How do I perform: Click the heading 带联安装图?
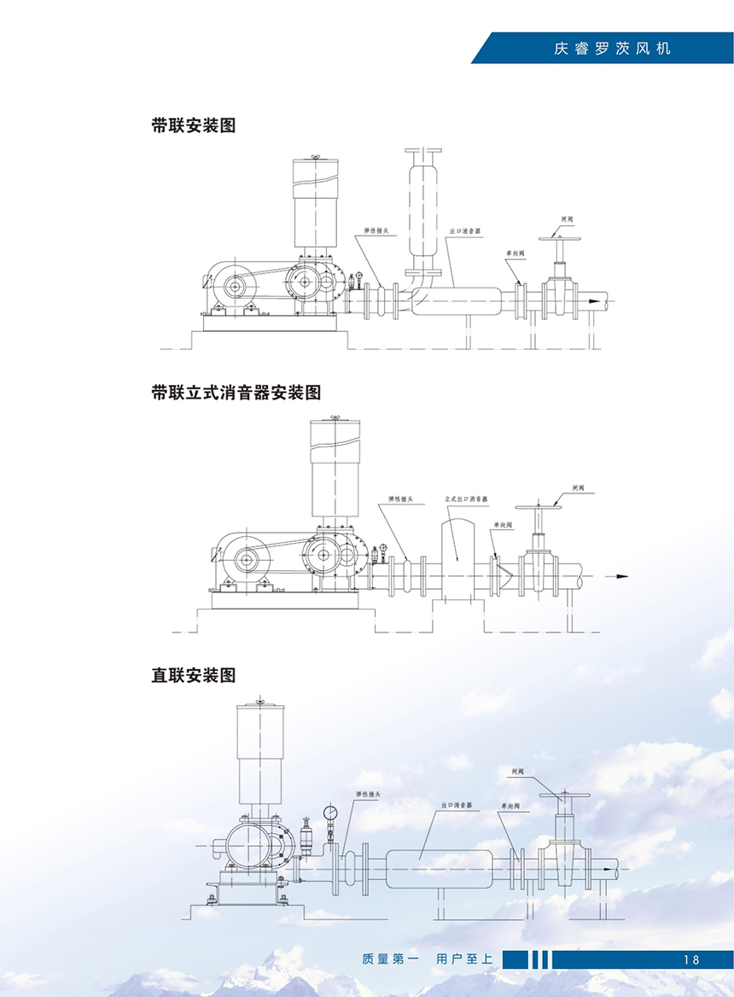coord(193,125)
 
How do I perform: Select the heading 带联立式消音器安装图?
coord(236,393)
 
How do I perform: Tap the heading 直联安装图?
coord(193,675)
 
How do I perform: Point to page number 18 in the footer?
coord(690,959)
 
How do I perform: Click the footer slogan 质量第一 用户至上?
coord(428,959)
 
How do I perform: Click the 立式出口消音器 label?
coord(466,499)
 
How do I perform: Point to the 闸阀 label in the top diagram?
coord(567,219)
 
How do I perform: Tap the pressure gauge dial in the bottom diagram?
coord(329,812)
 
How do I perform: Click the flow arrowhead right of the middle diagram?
coord(622,576)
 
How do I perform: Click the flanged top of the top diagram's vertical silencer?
coord(422,151)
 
